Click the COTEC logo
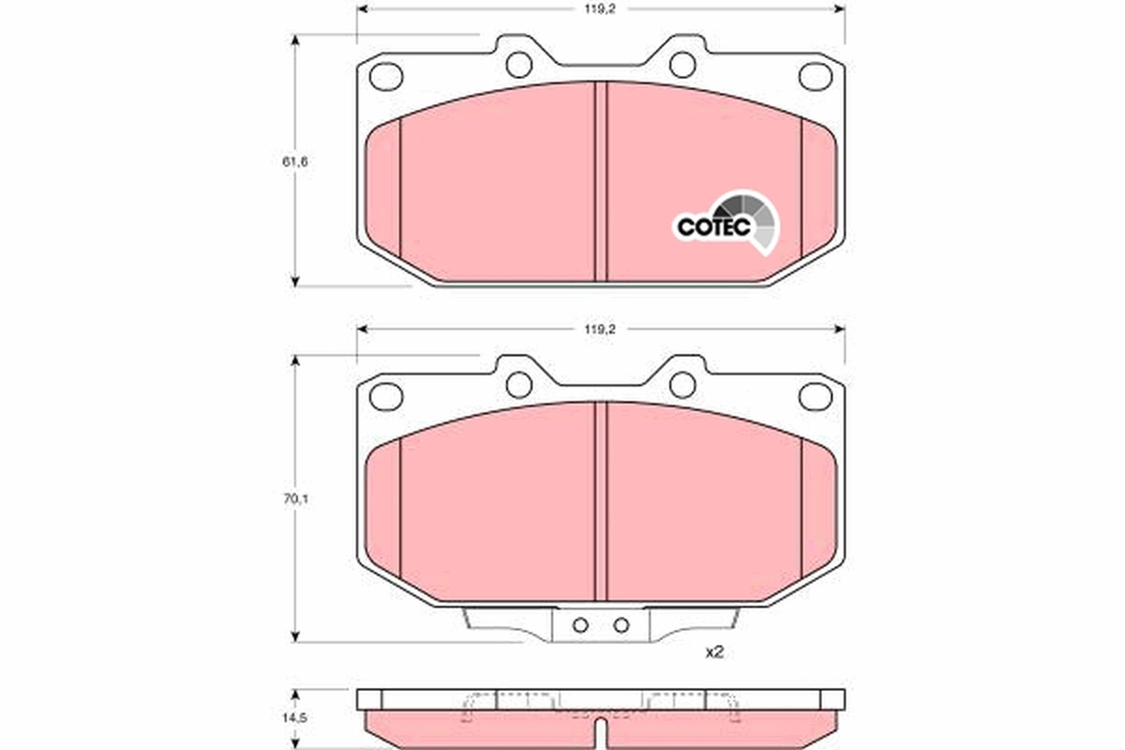click(727, 223)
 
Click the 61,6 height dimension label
click(295, 161)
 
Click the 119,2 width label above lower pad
click(601, 329)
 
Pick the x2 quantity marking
click(714, 652)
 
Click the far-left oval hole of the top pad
click(386, 75)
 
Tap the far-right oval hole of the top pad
click(815, 75)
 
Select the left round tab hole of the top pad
click(519, 64)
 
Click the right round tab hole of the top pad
click(682, 64)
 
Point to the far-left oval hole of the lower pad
click(386, 396)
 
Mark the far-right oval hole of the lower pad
click(815, 396)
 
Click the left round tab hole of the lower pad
click(519, 384)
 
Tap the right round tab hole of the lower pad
click(682, 384)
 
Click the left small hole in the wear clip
click(580, 625)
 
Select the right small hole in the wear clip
click(620, 625)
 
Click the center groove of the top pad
click(601, 178)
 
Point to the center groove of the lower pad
click(601, 502)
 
